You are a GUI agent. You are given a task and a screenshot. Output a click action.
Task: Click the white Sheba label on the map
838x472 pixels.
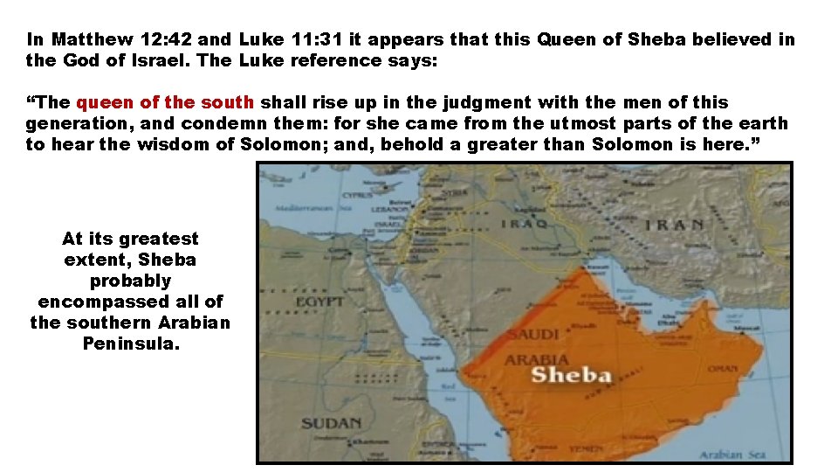tap(572, 377)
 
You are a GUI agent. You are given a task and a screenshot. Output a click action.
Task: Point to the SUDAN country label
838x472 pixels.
tap(331, 423)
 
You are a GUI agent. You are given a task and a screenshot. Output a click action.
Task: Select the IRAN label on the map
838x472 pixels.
tap(675, 224)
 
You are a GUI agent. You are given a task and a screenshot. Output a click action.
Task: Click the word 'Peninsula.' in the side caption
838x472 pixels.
tap(131, 344)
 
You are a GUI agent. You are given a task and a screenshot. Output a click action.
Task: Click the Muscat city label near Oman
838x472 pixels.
tap(748, 328)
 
